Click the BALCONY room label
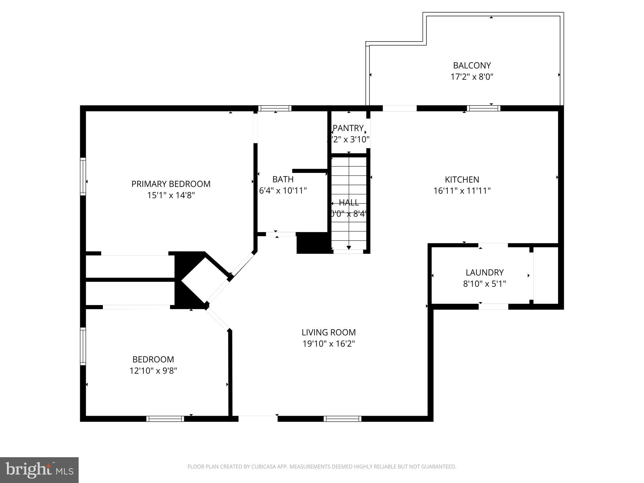click(472, 65)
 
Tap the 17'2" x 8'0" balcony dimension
click(472, 77)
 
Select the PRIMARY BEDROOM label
click(171, 184)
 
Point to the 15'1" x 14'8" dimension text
click(171, 195)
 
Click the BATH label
click(283, 179)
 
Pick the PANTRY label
click(348, 128)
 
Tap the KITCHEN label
click(462, 180)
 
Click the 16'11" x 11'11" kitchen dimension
click(462, 191)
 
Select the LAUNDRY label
click(484, 272)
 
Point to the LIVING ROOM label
click(329, 332)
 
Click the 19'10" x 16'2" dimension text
click(329, 344)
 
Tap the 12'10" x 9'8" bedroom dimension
click(153, 371)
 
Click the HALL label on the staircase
click(349, 202)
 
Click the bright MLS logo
click(39, 470)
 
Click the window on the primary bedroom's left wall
click(83, 176)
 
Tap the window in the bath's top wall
click(275, 108)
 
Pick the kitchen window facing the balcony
click(483, 108)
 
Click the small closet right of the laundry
click(546, 275)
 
